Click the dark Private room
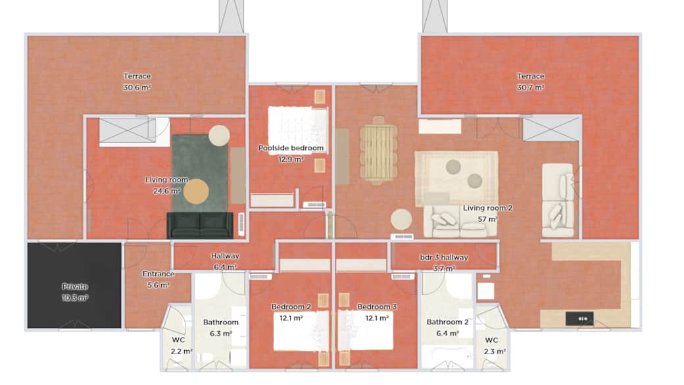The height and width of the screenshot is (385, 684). [x=74, y=286]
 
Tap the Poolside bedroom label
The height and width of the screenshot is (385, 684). [x=291, y=148]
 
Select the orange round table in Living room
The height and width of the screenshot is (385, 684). [x=196, y=192]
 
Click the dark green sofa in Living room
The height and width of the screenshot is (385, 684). [x=200, y=225]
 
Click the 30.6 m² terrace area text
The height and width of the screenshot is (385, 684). [x=137, y=88]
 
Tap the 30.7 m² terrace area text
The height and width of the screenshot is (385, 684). [x=531, y=88]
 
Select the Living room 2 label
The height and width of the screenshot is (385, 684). [x=488, y=208]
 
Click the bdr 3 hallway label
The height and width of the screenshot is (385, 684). [x=444, y=257]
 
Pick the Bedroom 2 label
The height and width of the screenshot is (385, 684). [x=291, y=307]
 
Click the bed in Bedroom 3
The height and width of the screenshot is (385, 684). [x=366, y=330]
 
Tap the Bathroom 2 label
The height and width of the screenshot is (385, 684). [x=448, y=322]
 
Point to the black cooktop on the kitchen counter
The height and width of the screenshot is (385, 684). [x=579, y=319]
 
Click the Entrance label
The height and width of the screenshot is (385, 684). [x=159, y=274]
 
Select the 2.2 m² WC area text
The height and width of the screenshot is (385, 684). [x=182, y=351]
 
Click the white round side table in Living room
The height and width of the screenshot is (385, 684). [x=219, y=136]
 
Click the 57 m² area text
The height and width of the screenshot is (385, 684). [x=488, y=219]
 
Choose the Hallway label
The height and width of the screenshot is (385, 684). [x=225, y=256]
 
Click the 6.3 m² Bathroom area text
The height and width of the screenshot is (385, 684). [x=221, y=334]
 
